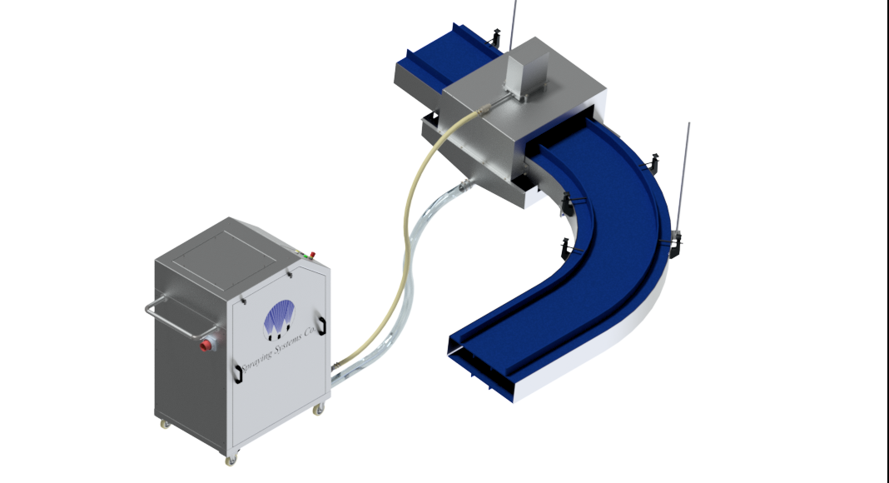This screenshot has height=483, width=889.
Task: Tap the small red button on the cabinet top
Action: (312, 255)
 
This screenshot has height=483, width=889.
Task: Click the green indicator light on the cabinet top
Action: (306, 256)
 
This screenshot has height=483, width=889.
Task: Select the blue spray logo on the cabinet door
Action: (280, 319)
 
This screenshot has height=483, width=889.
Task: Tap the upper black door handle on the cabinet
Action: (321, 326)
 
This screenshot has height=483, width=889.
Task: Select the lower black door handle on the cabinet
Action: (239, 374)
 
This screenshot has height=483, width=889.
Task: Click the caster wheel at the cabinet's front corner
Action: (230, 460)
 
